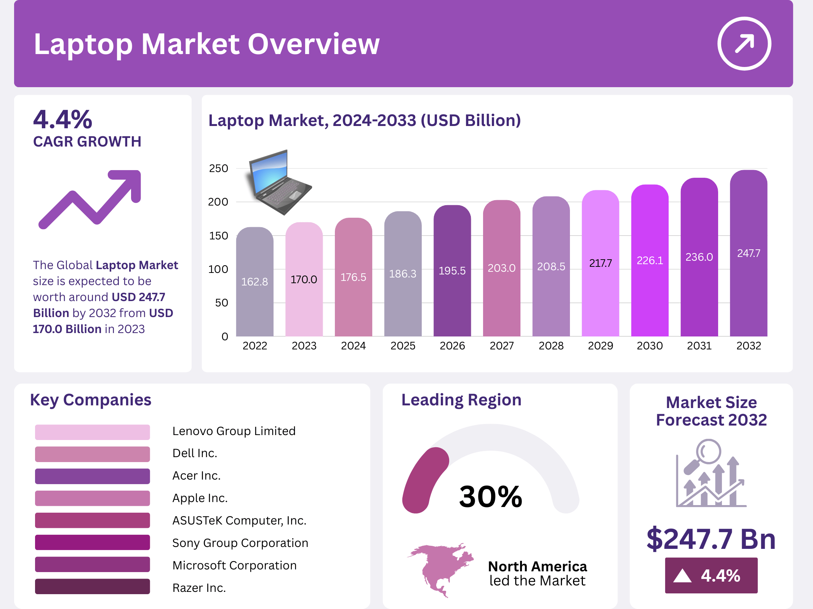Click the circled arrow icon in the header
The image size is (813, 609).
click(744, 43)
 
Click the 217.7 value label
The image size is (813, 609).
click(600, 263)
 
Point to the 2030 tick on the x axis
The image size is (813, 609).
click(650, 346)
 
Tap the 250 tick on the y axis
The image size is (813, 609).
click(218, 168)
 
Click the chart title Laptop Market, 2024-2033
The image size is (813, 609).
click(364, 120)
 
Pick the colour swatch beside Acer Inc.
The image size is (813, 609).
click(92, 476)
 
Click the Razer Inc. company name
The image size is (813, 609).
click(199, 588)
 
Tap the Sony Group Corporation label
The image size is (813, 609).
click(240, 543)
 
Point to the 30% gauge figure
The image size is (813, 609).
click(490, 496)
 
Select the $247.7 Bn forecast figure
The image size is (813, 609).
click(711, 539)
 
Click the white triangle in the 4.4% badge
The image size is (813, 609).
click(682, 576)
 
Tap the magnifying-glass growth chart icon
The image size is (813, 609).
click(711, 473)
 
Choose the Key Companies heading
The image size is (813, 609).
click(91, 400)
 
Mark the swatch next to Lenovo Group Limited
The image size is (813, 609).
click(92, 432)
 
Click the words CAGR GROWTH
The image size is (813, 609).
click(87, 142)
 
